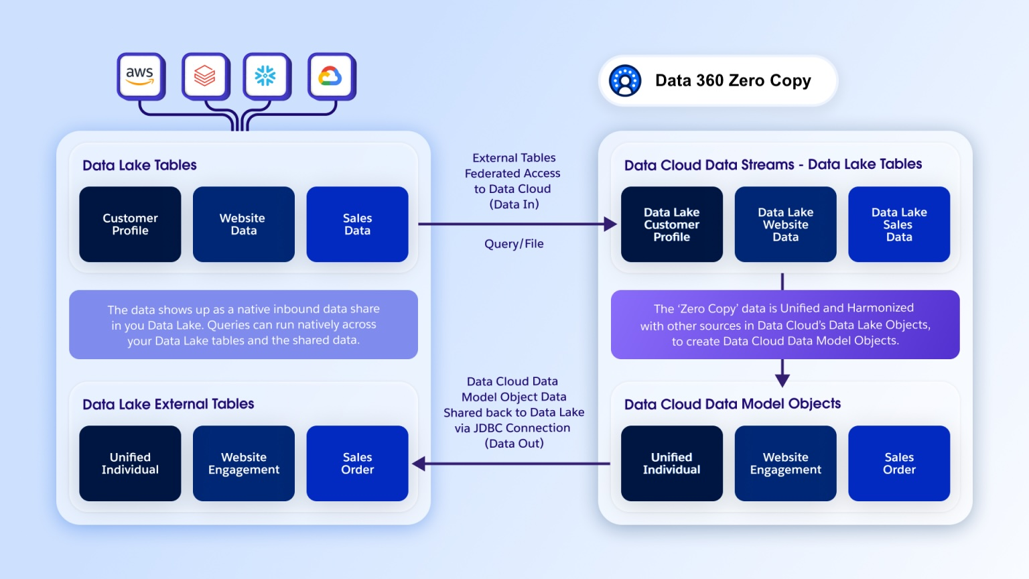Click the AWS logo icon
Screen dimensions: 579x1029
140,76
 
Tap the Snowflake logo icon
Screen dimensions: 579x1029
266,76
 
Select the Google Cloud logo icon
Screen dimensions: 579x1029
330,76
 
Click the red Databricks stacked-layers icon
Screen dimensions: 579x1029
205,76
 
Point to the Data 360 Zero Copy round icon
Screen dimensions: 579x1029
625,81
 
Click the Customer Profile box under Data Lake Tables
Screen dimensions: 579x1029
130,224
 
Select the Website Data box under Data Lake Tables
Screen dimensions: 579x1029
243,224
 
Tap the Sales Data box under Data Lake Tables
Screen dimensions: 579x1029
357,224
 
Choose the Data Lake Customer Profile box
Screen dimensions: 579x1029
671,224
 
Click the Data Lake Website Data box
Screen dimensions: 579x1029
785,224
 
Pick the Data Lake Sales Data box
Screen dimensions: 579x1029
898,224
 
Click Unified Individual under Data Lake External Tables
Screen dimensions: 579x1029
130,463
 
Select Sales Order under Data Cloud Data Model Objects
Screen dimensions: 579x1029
898,463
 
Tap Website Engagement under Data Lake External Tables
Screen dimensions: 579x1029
243,463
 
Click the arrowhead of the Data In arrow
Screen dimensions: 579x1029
610,224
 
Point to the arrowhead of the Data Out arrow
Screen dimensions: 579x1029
419,463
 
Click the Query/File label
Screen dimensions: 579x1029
514,244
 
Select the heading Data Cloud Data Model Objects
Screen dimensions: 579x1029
732,404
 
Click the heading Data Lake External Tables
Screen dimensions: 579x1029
168,404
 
